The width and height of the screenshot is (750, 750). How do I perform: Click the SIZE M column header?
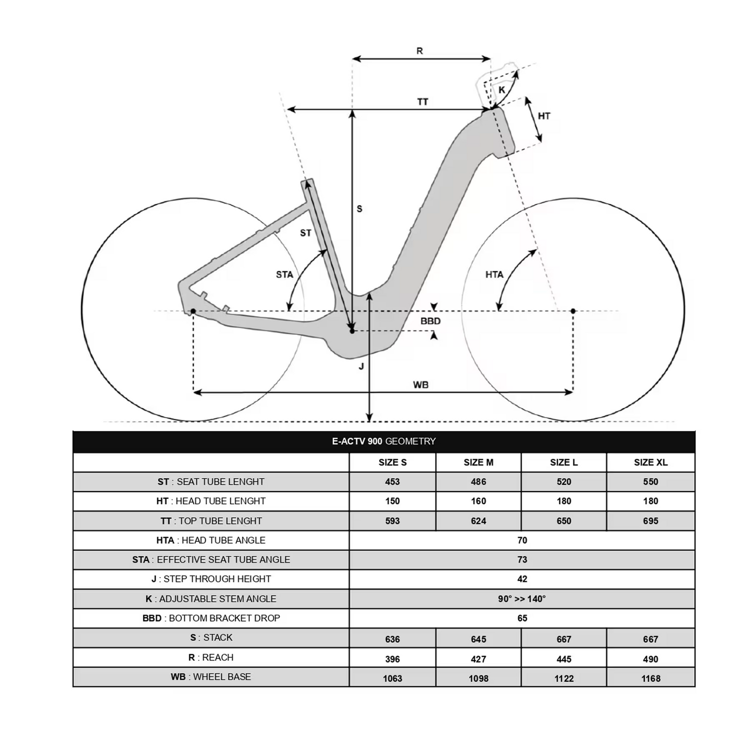pos(478,463)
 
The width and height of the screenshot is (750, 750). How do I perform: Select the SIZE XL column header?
pos(651,463)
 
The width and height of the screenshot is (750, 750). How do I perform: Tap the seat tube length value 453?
pos(392,482)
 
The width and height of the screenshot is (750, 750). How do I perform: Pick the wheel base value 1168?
pos(651,678)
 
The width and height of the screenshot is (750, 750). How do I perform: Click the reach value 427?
pos(478,659)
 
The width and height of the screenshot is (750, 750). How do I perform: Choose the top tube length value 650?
pos(564,521)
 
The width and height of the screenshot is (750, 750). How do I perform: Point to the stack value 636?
pos(392,639)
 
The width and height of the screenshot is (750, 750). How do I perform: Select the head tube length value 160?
pos(478,501)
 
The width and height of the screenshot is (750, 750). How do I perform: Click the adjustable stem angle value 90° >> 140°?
pos(522,599)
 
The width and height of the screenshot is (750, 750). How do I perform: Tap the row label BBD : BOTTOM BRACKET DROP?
pos(211,618)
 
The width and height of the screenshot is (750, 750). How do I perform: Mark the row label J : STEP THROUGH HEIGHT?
pos(211,579)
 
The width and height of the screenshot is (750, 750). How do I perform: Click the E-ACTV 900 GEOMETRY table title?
pos(384,442)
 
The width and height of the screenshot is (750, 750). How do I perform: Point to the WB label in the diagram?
pos(421,385)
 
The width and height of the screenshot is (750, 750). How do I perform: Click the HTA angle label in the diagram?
pos(494,274)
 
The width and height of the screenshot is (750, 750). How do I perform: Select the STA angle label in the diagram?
pos(284,274)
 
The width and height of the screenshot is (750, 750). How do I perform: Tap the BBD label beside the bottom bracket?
pos(430,321)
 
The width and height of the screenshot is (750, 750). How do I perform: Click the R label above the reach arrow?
pos(420,51)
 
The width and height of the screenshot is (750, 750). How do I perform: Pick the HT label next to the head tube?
pos(544,116)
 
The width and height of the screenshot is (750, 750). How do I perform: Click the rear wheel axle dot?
pos(193,311)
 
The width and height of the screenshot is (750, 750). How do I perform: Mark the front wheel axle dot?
pos(573,311)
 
